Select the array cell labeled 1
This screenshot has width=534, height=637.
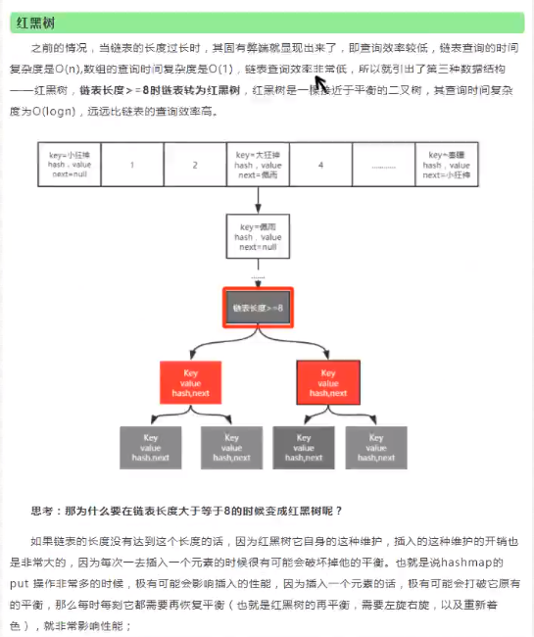[x=132, y=165]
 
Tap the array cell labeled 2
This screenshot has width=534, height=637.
[x=195, y=165]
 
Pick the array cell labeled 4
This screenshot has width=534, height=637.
[x=320, y=165]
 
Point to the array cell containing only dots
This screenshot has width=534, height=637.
[x=383, y=165]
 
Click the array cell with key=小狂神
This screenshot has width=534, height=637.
[x=70, y=165]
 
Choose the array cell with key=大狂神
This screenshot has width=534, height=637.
[x=258, y=165]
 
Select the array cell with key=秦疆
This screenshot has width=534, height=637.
[x=446, y=165]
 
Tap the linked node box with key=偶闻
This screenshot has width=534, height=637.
[x=258, y=237]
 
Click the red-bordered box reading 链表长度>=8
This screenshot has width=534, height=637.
[x=258, y=308]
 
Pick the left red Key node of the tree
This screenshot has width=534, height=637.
[x=191, y=382]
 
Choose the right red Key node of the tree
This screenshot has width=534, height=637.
[x=328, y=382]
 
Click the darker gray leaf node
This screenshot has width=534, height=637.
[x=302, y=447]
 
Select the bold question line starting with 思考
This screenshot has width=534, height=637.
[x=186, y=511]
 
